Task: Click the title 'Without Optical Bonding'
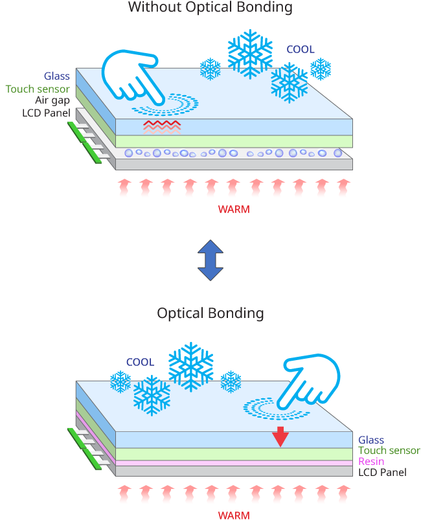click(210, 8)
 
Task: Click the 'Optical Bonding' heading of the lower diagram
click(210, 313)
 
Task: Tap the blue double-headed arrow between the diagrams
click(210, 260)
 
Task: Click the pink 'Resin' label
click(371, 462)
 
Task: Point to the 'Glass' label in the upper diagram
click(57, 76)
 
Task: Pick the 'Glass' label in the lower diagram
click(371, 440)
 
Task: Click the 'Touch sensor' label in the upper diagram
click(38, 89)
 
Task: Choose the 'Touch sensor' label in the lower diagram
click(389, 451)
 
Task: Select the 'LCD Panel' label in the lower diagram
click(382, 473)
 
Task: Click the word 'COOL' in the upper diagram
click(300, 49)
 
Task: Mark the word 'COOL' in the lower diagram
click(140, 363)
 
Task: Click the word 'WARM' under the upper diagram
click(233, 210)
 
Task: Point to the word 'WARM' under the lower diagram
click(233, 515)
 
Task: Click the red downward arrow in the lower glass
click(280, 437)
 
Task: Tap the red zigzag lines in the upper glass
click(162, 125)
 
